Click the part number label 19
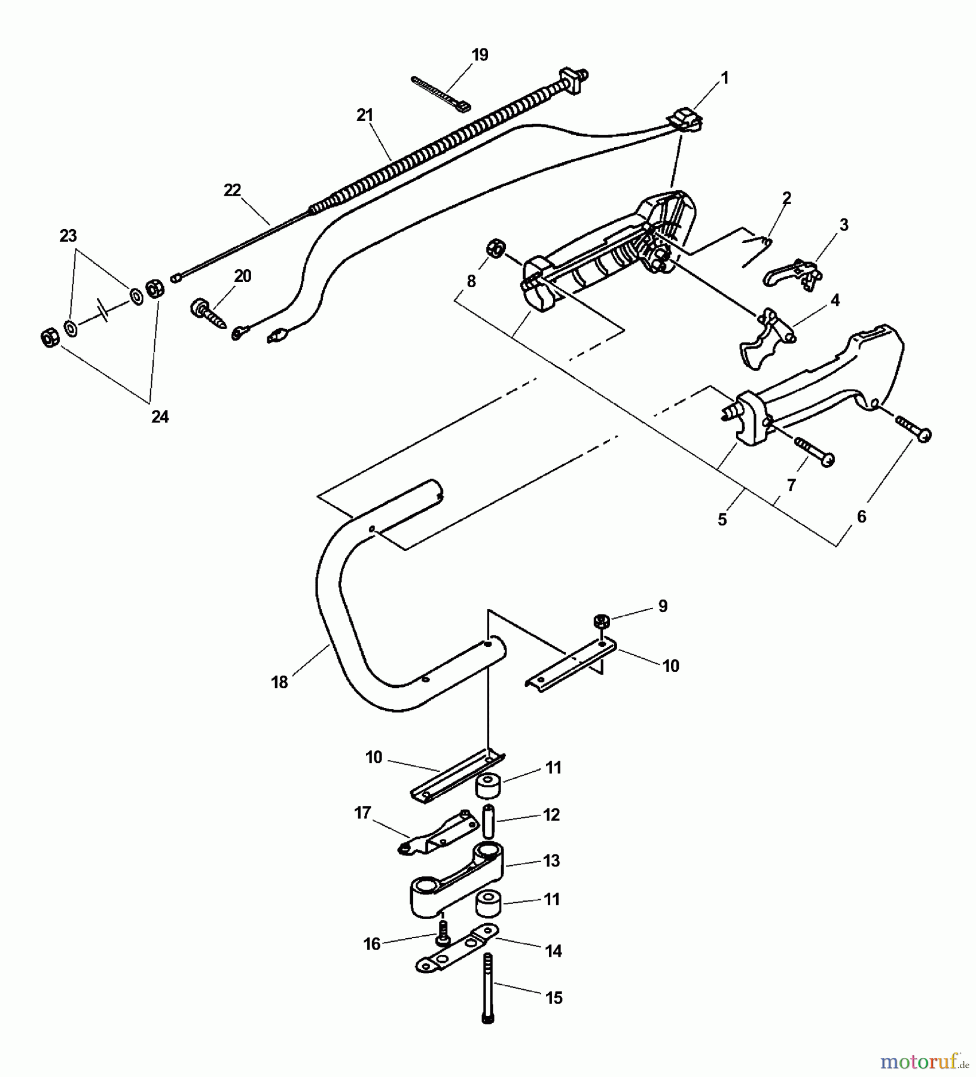pyautogui.click(x=480, y=55)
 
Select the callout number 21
pyautogui.click(x=365, y=115)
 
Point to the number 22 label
pyautogui.click(x=232, y=190)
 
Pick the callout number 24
pyautogui.click(x=160, y=417)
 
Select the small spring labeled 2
pyautogui.click(x=756, y=250)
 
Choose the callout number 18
pyautogui.click(x=279, y=682)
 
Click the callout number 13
pyautogui.click(x=551, y=860)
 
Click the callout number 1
pyautogui.click(x=725, y=78)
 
